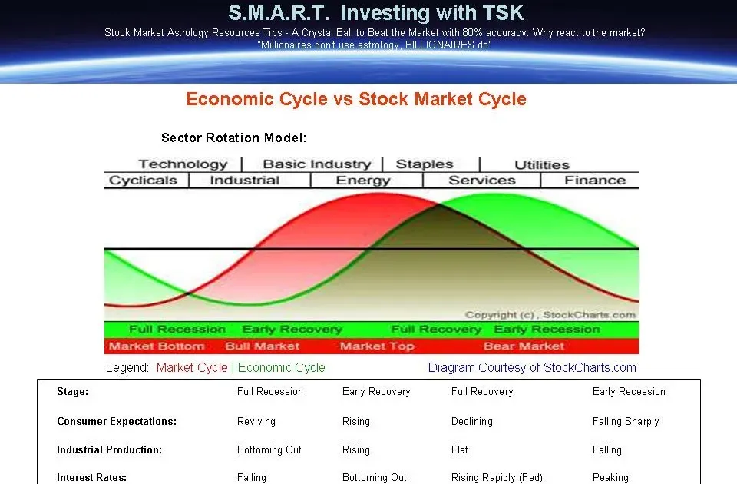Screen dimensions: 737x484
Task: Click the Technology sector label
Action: [183, 164]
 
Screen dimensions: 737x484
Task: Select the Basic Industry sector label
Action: [317, 164]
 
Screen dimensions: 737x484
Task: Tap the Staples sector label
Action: [425, 164]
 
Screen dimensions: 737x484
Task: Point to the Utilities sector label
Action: [542, 165]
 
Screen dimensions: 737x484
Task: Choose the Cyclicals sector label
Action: [143, 181]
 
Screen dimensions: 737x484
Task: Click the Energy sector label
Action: [363, 181]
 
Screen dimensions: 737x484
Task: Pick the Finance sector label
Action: [595, 180]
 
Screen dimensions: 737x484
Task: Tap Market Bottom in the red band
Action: [157, 346]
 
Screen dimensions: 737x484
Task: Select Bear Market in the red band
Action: [524, 346]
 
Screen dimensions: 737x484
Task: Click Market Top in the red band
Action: [377, 346]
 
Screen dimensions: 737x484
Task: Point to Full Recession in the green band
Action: [177, 330]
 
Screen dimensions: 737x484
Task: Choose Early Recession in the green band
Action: [547, 330]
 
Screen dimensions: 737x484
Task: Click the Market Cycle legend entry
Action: [192, 368]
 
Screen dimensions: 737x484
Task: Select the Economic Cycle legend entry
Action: [282, 368]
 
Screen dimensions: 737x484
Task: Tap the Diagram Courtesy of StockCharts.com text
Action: [532, 368]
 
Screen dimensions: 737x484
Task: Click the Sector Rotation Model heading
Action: [233, 138]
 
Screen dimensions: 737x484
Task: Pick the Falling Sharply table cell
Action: [626, 422]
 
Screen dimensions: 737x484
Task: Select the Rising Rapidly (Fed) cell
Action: [497, 478]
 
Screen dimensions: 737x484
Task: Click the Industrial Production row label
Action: [109, 449]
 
